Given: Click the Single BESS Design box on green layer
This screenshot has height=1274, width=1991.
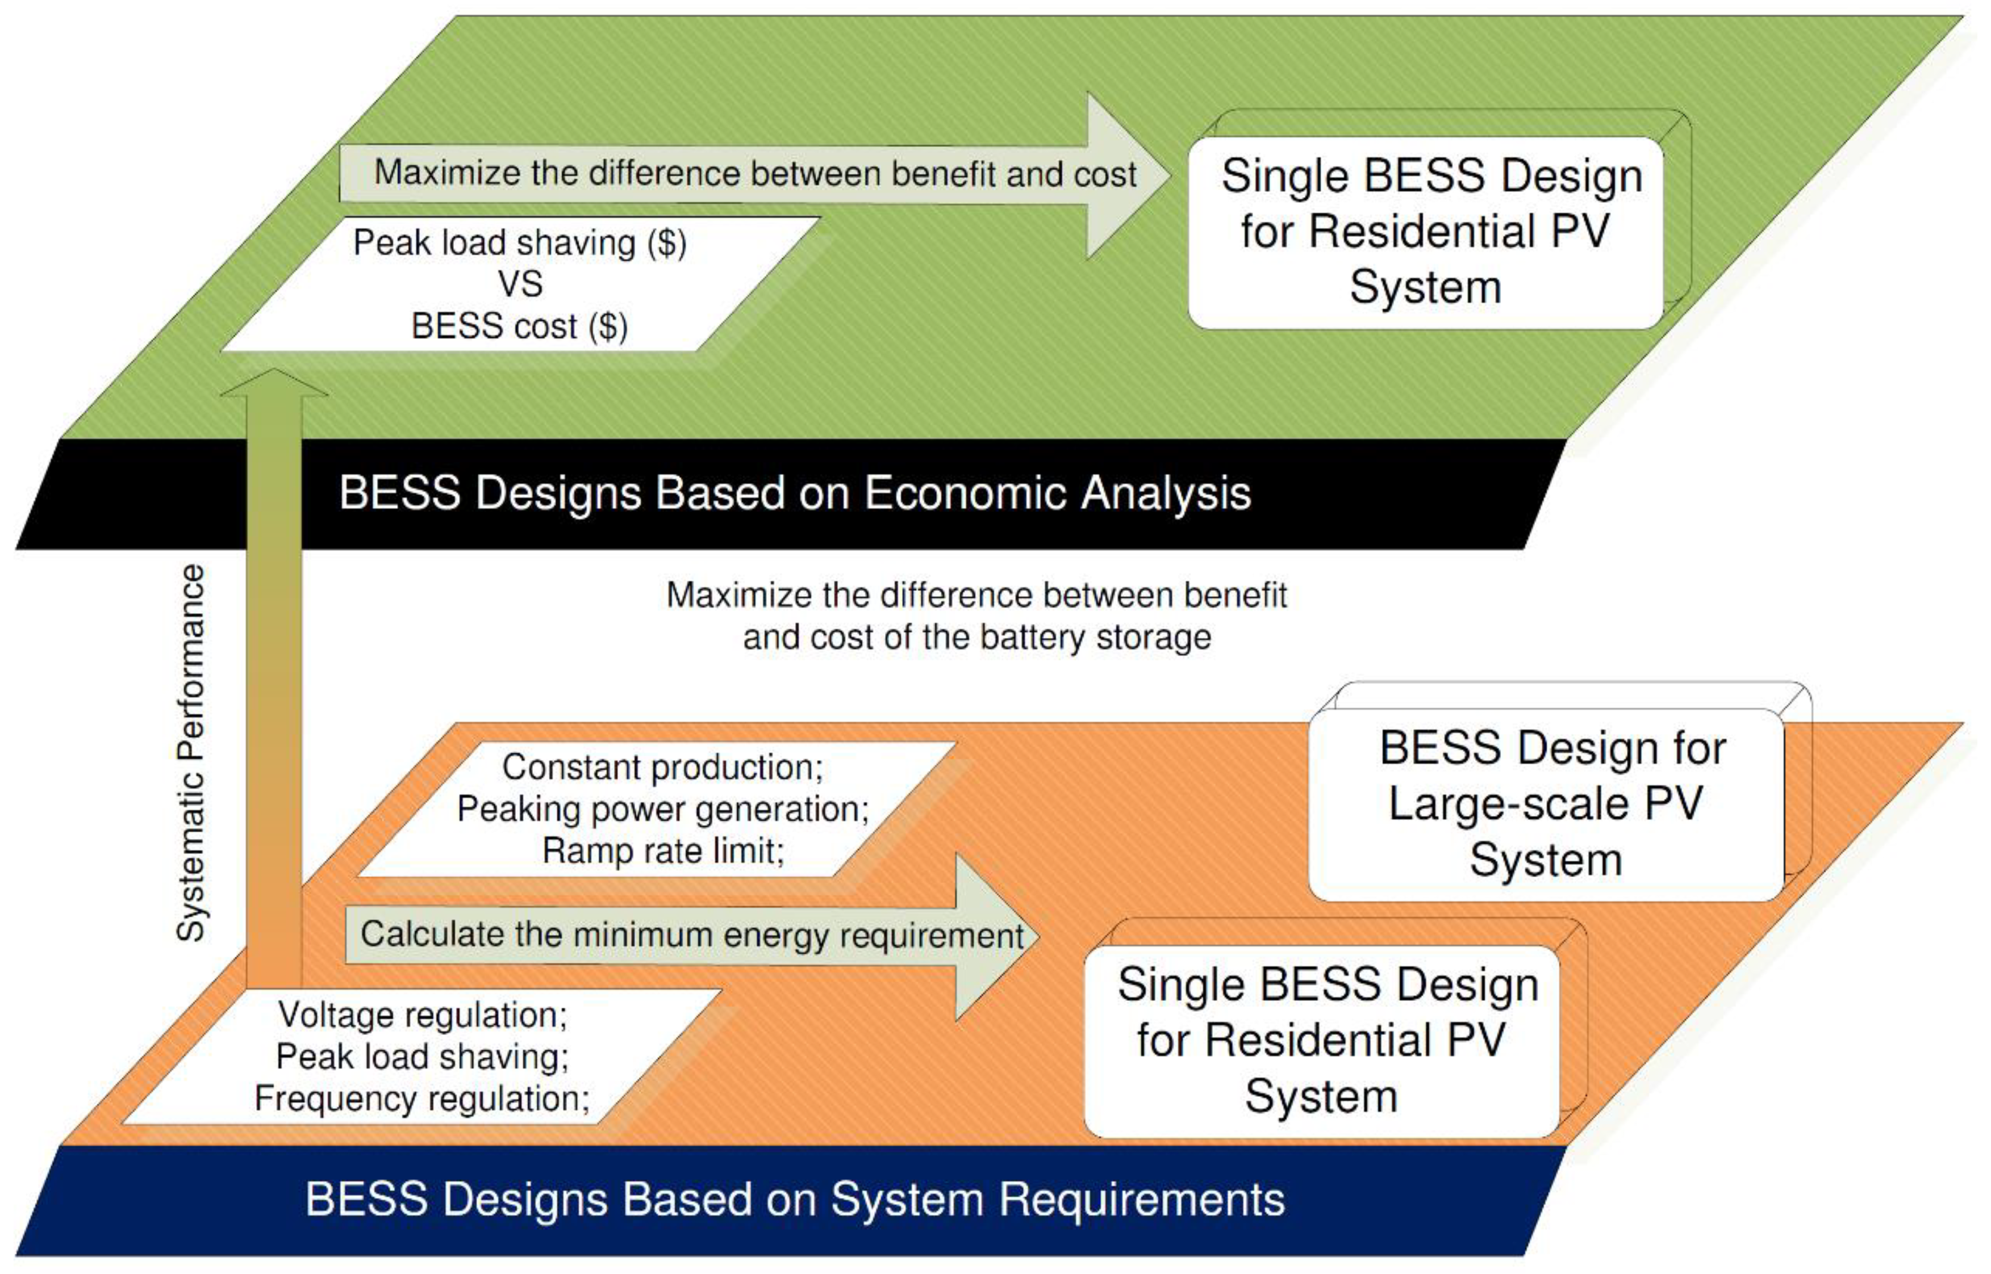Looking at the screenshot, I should pyautogui.click(x=1426, y=232).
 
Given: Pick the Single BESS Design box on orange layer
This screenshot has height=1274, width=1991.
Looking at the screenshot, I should pyautogui.click(x=1322, y=1041).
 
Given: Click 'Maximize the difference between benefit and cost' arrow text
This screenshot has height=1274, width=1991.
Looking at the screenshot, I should pyautogui.click(x=755, y=174).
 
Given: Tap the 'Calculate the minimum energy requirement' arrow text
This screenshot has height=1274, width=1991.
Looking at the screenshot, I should pyautogui.click(x=692, y=935).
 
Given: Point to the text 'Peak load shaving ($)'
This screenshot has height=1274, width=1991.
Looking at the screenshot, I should pyautogui.click(x=520, y=243).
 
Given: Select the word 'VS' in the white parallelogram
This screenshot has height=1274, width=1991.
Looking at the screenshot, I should pyautogui.click(x=520, y=284).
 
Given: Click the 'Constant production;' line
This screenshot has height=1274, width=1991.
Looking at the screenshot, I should pyautogui.click(x=662, y=768).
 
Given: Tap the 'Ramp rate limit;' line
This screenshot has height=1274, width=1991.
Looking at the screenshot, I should pyautogui.click(x=662, y=850).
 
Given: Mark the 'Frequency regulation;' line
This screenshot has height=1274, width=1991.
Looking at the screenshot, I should pyautogui.click(x=422, y=1099).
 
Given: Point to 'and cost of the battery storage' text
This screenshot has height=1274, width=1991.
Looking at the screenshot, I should pyautogui.click(x=976, y=638).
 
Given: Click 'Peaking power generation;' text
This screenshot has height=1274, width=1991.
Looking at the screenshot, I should pyautogui.click(x=662, y=809).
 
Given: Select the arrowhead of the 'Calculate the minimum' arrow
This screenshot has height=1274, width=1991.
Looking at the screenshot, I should pyautogui.click(x=993, y=936).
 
